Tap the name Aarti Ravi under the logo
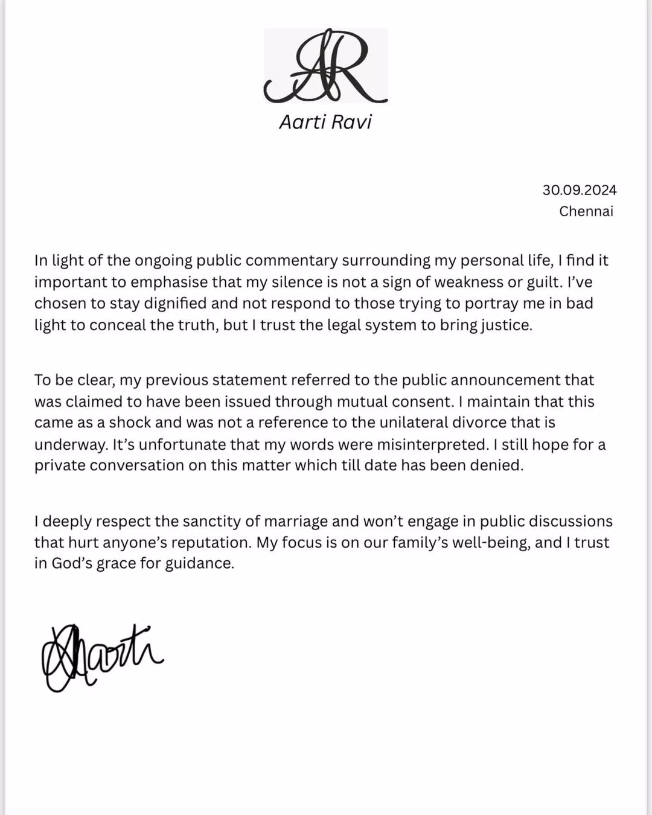[325, 122]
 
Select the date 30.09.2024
[579, 190]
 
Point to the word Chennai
[586, 211]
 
